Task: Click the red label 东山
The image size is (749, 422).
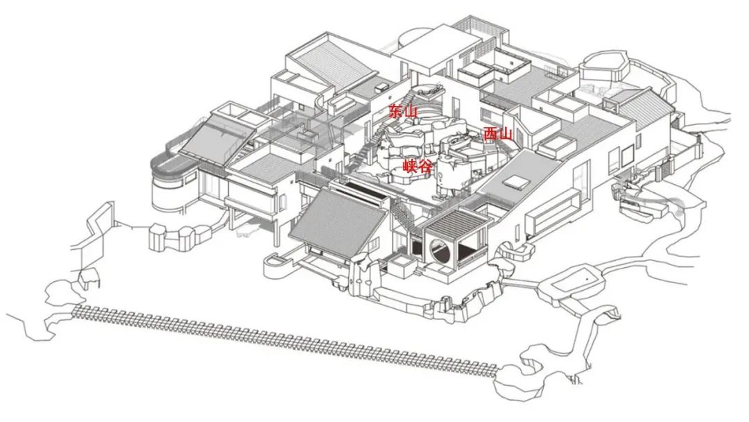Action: (403, 111)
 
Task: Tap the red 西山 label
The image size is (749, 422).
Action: (498, 134)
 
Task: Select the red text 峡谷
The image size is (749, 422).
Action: (417, 166)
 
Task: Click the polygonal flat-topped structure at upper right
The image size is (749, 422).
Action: (603, 66)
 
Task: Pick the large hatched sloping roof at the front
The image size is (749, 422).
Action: (338, 223)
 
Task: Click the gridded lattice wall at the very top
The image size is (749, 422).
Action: (481, 27)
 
